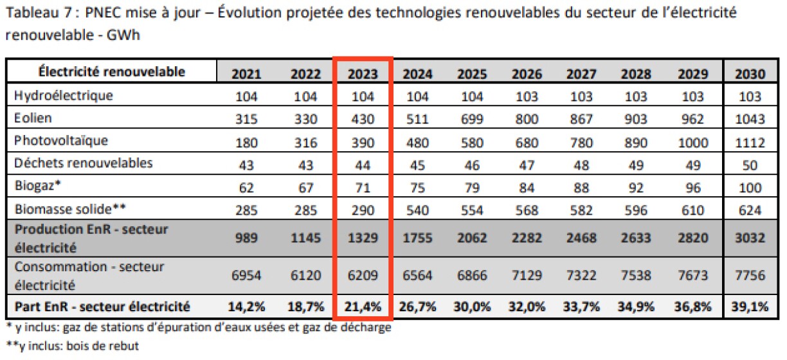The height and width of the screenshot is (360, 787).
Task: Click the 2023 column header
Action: pos(363,73)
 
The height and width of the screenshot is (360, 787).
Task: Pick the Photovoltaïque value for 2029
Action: pos(692,141)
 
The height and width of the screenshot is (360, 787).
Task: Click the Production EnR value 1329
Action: pos(363,238)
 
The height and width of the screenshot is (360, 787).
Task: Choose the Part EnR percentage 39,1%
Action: pos(748,307)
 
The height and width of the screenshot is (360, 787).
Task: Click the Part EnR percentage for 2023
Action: pos(363,307)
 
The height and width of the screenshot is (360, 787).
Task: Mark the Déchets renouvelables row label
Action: pos(83,163)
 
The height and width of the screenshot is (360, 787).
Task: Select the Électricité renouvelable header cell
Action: pos(112,71)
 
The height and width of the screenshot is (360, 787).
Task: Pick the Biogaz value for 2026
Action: pos(525,186)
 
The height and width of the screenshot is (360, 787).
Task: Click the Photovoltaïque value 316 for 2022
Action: pos(305,141)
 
